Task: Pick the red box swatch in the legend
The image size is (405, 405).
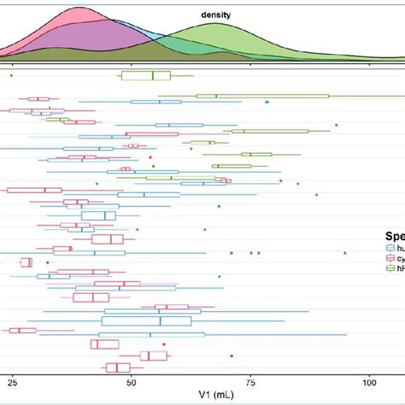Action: click(391, 257)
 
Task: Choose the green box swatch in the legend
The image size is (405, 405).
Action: click(391, 267)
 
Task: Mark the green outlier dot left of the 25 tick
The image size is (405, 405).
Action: click(11, 76)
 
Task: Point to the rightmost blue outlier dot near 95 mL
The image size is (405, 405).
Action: click(345, 253)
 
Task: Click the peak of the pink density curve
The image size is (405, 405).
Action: click(81, 9)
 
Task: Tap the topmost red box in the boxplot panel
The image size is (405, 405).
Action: click(37, 99)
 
